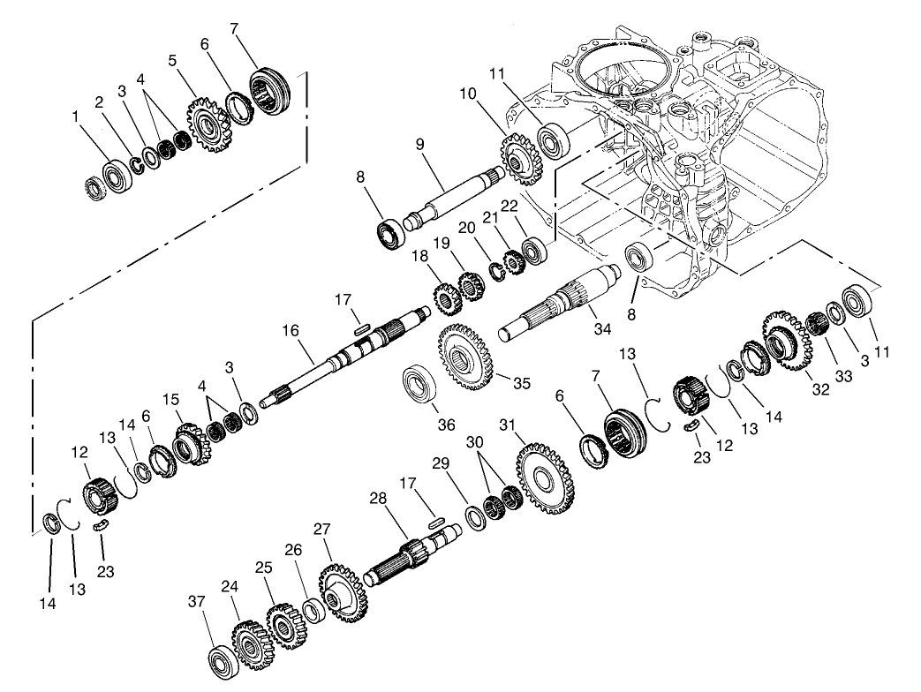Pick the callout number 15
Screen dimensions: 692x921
point(170,401)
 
